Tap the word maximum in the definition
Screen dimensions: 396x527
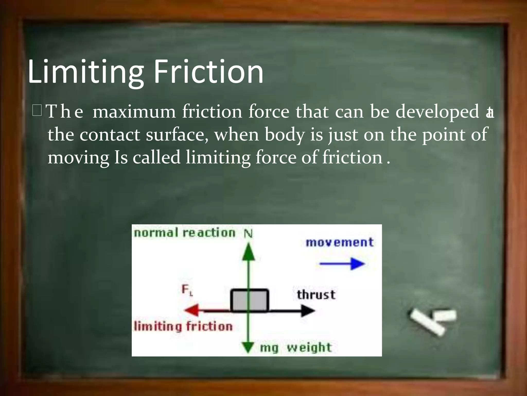[134, 112]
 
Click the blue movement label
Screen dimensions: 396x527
[339, 243]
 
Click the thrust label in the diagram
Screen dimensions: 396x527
[316, 295]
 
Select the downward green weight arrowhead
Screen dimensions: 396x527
[248, 347]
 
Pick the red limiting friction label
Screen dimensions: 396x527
[183, 326]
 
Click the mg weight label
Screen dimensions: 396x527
[295, 348]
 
